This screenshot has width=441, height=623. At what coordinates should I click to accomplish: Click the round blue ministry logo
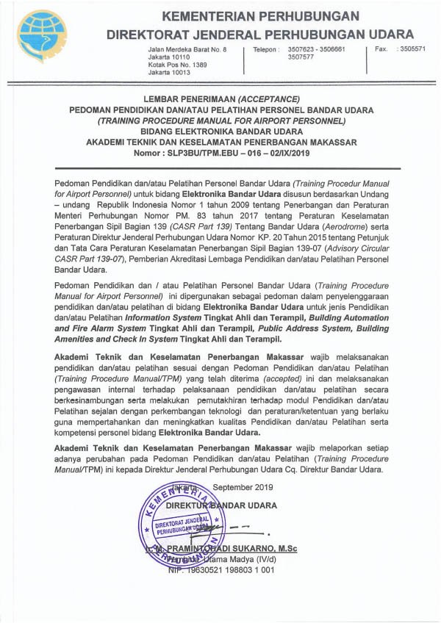coord(42,36)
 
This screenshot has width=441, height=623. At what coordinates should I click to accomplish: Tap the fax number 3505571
coord(411,48)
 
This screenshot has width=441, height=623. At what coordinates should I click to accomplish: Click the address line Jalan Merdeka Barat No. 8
coord(182,48)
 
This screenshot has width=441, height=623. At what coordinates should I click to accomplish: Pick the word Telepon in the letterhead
coord(266,48)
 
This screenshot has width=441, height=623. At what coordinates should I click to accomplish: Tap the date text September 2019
coord(242,486)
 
